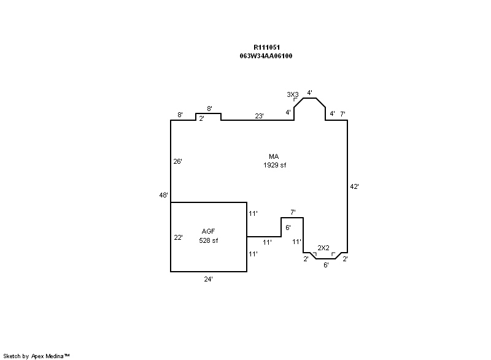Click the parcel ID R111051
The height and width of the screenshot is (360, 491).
pos(266,47)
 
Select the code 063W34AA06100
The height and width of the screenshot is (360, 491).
pos(266,56)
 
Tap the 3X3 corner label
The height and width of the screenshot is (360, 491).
pos(293,94)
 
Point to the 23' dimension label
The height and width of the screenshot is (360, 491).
pos(259,116)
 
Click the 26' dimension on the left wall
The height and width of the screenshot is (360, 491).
pos(177,161)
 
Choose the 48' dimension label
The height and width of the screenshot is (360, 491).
pos(163,195)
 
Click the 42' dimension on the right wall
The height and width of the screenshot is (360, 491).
pos(354,186)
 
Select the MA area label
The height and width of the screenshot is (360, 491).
pos(274,156)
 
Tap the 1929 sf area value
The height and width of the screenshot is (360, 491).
pos(274,165)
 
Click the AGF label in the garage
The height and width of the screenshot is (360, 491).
pos(208,231)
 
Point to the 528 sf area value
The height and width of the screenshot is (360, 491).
pos(209,240)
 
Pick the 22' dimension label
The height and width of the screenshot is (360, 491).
pos(178,237)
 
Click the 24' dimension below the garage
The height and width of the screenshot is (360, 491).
pos(208,279)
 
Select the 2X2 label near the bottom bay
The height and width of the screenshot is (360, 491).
pos(323,248)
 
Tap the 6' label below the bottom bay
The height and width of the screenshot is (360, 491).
pos(326,265)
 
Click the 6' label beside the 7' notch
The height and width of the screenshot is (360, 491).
pos(288,228)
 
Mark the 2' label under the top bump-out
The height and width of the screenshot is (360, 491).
pos(202,118)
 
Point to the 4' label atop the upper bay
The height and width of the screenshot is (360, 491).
pos(309,93)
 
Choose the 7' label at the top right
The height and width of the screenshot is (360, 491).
pos(342,114)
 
